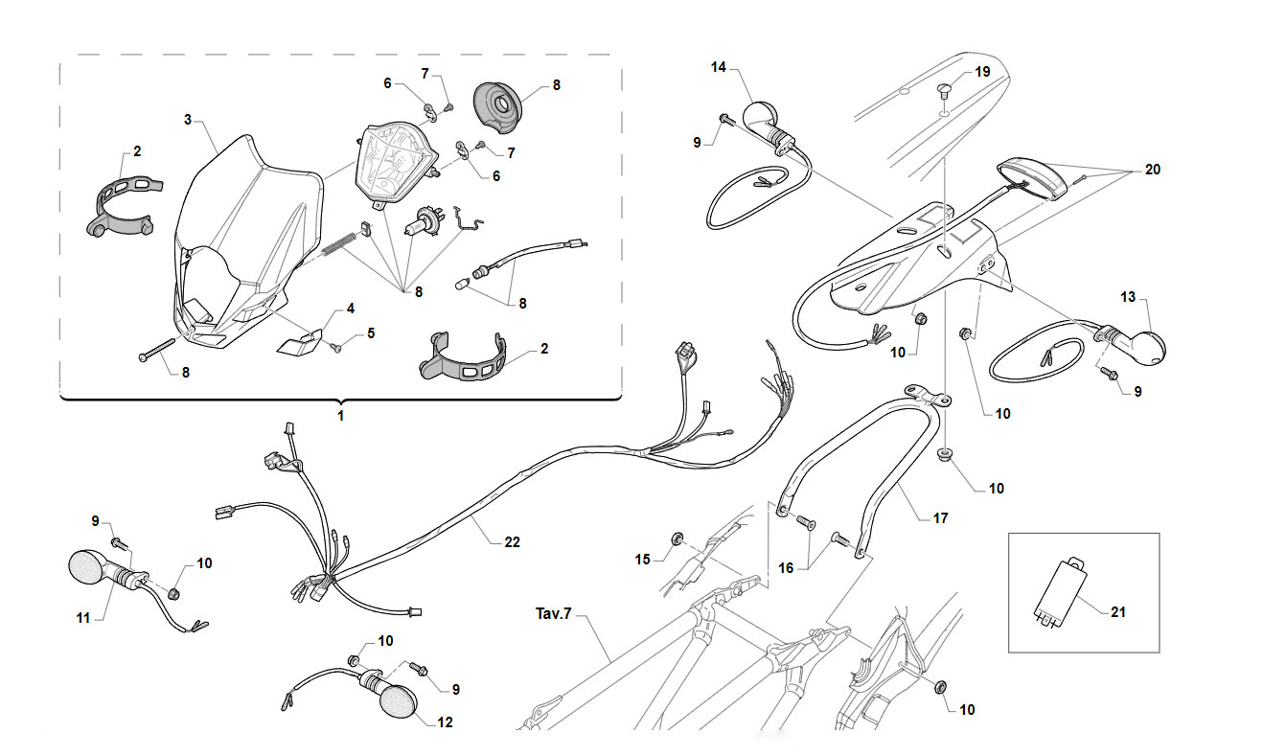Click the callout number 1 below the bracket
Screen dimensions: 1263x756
340,416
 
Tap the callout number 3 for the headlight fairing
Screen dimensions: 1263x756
188,120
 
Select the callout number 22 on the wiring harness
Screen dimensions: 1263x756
512,542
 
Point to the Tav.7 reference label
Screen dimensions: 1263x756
554,613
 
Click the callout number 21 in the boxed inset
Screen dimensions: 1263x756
1118,612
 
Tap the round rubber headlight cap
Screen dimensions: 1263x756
496,108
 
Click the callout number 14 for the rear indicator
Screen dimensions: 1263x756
719,67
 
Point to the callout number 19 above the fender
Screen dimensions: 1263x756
983,72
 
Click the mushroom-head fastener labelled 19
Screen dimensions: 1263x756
945,91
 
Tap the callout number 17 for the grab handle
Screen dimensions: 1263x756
940,518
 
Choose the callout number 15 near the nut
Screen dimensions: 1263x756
643,560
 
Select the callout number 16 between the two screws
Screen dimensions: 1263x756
786,567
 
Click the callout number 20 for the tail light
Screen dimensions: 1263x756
1153,170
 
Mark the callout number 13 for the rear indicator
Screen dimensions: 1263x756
1128,296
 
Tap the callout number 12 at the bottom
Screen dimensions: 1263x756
445,722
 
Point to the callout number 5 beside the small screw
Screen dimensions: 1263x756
371,333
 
